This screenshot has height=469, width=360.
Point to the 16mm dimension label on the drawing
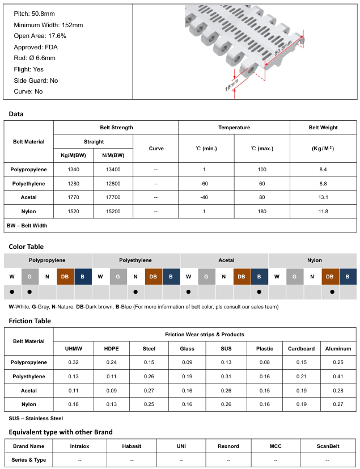(x=232, y=84)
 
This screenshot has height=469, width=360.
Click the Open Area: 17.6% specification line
(x=40, y=36)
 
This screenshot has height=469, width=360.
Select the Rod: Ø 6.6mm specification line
(x=35, y=58)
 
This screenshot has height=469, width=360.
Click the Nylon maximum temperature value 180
(x=261, y=212)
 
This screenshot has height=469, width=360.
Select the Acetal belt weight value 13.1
(x=323, y=197)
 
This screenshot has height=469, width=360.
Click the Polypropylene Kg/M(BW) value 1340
(x=73, y=170)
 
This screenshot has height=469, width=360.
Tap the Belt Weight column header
(x=323, y=128)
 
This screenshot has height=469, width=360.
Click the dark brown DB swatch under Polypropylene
(x=65, y=276)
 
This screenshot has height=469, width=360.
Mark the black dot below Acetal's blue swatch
(x=259, y=292)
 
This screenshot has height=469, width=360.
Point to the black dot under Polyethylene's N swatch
(x=135, y=292)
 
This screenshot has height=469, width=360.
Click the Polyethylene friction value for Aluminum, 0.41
(x=338, y=377)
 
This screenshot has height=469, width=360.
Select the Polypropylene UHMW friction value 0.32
(x=73, y=362)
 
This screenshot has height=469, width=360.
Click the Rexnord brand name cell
(x=228, y=446)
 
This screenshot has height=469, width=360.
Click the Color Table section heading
(x=26, y=247)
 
